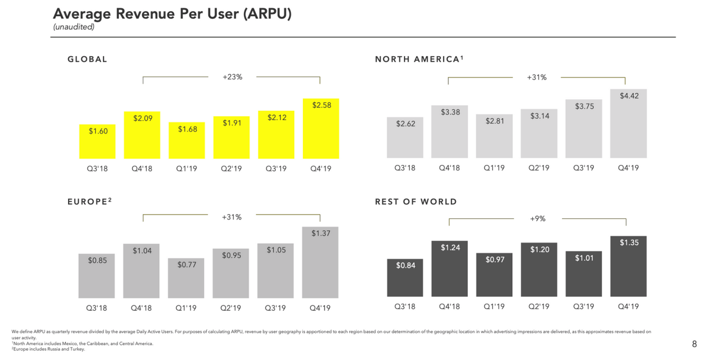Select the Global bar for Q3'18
(97, 142)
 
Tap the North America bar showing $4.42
(628, 124)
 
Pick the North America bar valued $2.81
(494, 136)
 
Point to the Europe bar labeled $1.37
(320, 262)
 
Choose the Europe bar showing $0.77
(187, 278)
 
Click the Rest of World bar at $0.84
(405, 278)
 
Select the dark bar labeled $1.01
(584, 274)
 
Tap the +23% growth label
(233, 77)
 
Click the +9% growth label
(538, 219)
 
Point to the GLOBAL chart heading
(88, 59)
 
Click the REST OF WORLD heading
(416, 202)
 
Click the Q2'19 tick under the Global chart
(231, 169)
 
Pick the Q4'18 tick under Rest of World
(449, 307)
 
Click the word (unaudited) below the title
(74, 27)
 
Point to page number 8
(694, 344)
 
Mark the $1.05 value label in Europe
(276, 250)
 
